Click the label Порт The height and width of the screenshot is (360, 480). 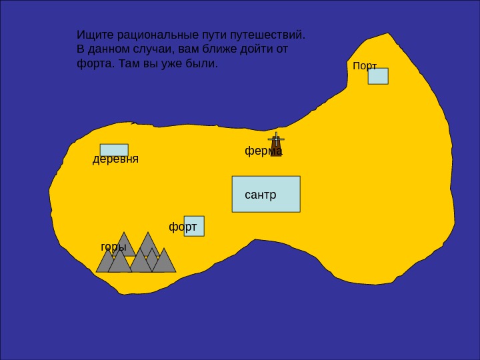[365, 66]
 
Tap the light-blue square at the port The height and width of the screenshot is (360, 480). [378, 76]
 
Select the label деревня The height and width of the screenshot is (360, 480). [115, 159]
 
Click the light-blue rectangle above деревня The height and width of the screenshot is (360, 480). [114, 150]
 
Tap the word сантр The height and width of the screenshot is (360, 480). [260, 195]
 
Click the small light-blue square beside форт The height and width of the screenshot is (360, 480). [195, 226]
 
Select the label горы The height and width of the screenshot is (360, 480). [113, 247]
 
